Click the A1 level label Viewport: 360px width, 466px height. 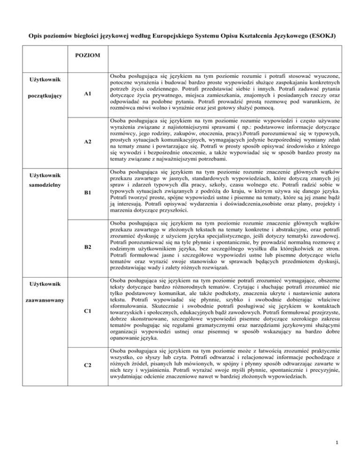(x=88, y=94)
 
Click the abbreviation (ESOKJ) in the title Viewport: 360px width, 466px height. (x=331, y=22)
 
